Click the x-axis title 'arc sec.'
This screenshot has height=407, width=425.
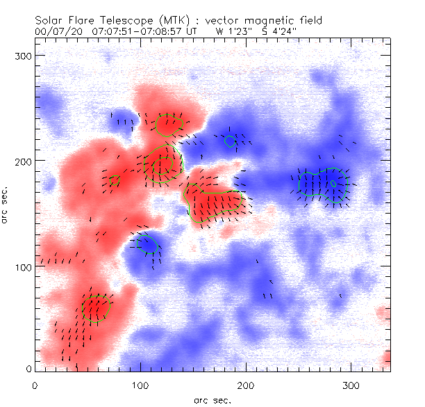pos(212,400)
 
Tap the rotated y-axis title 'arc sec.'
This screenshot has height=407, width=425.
pos(6,205)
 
